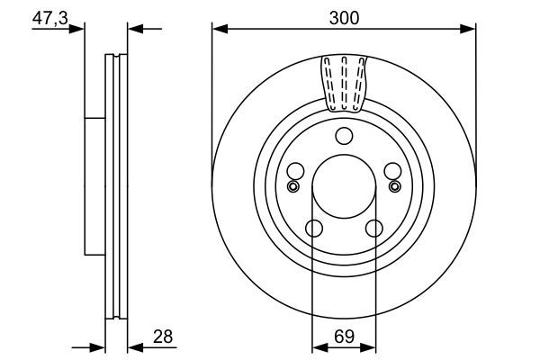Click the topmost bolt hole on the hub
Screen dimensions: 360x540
343,137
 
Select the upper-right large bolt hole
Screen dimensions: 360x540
391,171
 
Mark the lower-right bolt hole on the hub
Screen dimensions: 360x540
373,229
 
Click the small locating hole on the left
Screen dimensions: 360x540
291,186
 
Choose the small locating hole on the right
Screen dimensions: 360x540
394,186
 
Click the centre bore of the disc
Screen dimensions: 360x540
343,188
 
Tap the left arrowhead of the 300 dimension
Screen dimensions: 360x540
218,29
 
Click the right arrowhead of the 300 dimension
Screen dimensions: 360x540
469,29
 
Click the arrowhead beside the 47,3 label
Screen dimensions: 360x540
79,29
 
